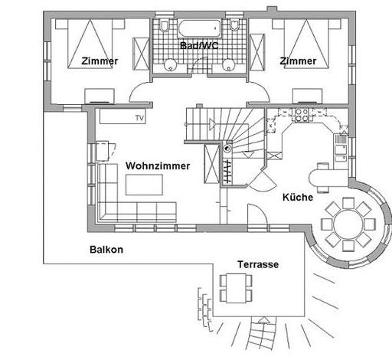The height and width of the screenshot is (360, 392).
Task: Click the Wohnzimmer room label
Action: pyautogui.click(x=158, y=166)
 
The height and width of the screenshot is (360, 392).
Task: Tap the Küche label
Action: pyautogui.click(x=298, y=197)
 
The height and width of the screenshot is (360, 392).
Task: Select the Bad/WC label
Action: pyautogui.click(x=199, y=46)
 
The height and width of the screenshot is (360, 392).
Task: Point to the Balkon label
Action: pyautogui.click(x=106, y=250)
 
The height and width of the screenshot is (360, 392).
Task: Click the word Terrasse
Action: pyautogui.click(x=258, y=264)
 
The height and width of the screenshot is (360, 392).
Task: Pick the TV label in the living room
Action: pyautogui.click(x=139, y=118)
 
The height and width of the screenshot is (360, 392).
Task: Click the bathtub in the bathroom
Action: pyautogui.click(x=199, y=28)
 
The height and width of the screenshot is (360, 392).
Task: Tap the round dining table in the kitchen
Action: pyautogui.click(x=348, y=224)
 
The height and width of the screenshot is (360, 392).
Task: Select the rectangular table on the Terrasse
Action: pyautogui.click(x=236, y=288)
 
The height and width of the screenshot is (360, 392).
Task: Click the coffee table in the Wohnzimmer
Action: pyautogui.click(x=144, y=185)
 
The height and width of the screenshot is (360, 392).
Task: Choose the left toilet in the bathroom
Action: pyautogui.click(x=165, y=25)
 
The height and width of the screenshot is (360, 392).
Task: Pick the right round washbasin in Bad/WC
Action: pyautogui.click(x=228, y=65)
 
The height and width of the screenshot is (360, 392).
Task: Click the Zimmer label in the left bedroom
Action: pyautogui.click(x=100, y=61)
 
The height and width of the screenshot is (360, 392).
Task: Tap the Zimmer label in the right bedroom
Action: pyautogui.click(x=298, y=61)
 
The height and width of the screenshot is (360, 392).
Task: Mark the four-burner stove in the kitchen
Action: pyautogui.click(x=302, y=115)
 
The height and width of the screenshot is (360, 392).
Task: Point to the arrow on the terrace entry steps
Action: pyautogui.click(x=264, y=320)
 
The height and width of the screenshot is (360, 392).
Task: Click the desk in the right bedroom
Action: pyautogui.click(x=307, y=97)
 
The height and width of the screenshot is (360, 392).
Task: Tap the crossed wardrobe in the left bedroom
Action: pyautogui.click(x=141, y=54)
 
